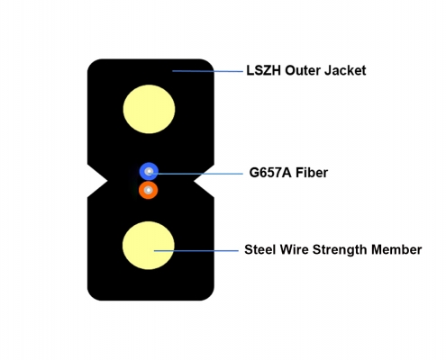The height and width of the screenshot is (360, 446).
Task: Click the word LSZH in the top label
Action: tap(263, 70)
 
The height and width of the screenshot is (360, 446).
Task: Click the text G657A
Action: tap(270, 173)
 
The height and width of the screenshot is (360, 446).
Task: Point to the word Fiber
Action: tap(312, 173)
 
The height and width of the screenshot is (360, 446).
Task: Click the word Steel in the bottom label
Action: tap(259, 249)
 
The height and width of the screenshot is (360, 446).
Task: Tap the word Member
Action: tap(396, 249)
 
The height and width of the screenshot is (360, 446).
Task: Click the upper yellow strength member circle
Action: tap(149, 109)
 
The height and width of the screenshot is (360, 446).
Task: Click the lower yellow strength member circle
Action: tap(149, 246)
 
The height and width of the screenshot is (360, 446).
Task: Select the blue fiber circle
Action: tap(149, 172)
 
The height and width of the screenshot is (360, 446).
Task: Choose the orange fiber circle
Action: tap(149, 190)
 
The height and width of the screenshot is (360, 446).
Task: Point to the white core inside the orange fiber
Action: tap(149, 190)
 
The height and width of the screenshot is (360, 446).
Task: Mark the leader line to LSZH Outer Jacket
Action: tap(207, 71)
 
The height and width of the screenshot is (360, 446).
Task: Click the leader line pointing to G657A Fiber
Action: tap(196, 174)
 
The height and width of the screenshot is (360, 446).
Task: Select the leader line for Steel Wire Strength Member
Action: tap(196, 251)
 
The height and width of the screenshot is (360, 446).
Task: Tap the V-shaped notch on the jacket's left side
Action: tap(97, 181)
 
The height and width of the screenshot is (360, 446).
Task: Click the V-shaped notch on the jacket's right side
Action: tap(204, 181)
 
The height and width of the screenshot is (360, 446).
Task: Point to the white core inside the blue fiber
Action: tap(149, 172)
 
